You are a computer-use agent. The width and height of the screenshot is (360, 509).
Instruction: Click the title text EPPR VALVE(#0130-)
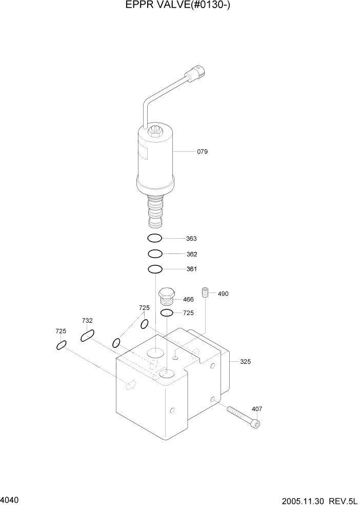[x=181, y=6]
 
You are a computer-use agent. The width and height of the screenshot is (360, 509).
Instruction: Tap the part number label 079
[x=202, y=152]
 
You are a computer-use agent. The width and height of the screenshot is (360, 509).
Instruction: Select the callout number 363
[x=191, y=239]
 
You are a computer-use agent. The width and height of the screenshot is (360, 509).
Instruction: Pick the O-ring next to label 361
[x=155, y=269]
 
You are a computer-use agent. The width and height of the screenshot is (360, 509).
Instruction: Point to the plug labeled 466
[x=167, y=296]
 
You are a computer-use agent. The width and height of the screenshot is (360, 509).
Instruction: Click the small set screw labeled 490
[x=206, y=292]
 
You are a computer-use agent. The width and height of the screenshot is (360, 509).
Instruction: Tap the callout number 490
[x=223, y=294]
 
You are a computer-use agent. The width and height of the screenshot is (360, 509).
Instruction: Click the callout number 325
[x=245, y=362]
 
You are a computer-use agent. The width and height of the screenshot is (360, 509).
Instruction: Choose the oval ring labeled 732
[x=87, y=336]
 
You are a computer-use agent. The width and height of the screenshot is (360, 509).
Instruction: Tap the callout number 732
[x=87, y=321]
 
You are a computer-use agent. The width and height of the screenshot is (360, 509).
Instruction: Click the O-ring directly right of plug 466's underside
[x=167, y=313]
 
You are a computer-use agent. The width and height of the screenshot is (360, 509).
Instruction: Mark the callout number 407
[x=257, y=408]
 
